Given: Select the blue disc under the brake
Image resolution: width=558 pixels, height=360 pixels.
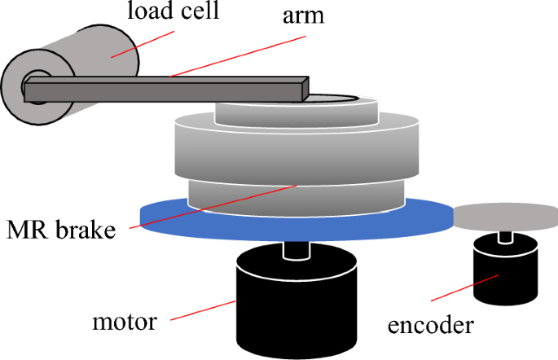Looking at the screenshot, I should point(163,216).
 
